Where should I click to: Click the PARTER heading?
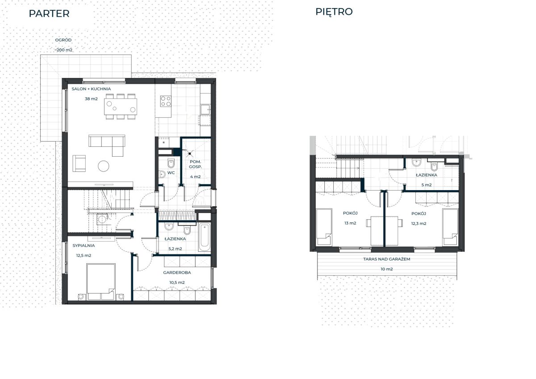click(49, 14)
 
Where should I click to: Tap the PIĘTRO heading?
click(334, 12)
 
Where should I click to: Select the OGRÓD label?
click(63, 40)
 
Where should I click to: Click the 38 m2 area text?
click(91, 99)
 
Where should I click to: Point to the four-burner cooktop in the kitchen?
click(166, 101)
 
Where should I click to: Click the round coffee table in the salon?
click(103, 166)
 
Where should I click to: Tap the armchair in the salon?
click(79, 163)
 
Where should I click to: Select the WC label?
click(171, 173)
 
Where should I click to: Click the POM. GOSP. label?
click(195, 164)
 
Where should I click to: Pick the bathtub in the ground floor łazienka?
click(205, 237)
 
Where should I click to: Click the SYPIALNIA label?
click(84, 246)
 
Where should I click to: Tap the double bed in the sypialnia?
click(101, 281)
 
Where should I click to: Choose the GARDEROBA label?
click(177, 273)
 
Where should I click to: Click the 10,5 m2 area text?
click(177, 283)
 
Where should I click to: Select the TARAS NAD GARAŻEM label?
click(386, 259)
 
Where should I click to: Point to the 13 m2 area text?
click(350, 223)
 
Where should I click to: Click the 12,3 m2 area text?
click(419, 224)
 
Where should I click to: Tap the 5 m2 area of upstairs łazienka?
click(427, 185)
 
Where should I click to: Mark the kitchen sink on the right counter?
click(205, 110)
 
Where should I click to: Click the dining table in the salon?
click(120, 106)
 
